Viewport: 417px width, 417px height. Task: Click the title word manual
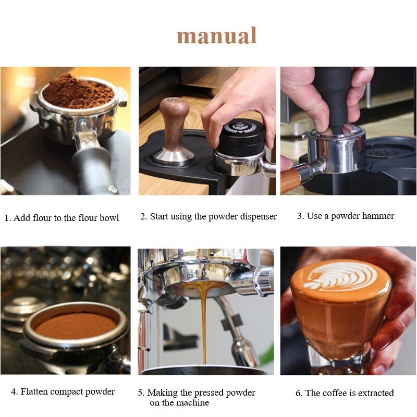point(217,36)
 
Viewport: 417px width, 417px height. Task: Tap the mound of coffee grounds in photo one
point(78,91)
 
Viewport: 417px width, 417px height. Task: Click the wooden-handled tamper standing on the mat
point(174,130)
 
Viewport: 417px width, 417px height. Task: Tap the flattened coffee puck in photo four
point(76,325)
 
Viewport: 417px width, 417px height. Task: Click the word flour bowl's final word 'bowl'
point(108,218)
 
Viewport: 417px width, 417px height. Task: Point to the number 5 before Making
point(140,393)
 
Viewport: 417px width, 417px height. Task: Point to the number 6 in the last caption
point(298,393)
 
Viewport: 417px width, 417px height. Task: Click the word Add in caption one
point(22,218)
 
